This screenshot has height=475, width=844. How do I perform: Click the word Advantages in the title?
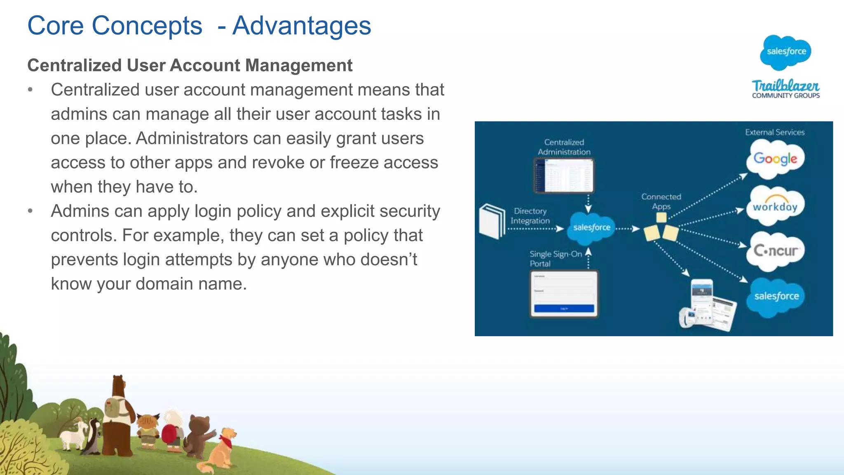pyautogui.click(x=302, y=26)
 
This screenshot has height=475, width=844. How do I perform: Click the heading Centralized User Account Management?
pyautogui.click(x=190, y=66)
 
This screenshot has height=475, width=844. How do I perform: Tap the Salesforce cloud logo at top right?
pyautogui.click(x=785, y=52)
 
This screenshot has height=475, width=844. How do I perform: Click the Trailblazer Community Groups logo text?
pyautogui.click(x=785, y=89)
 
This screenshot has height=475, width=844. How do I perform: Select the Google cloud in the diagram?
pyautogui.click(x=775, y=159)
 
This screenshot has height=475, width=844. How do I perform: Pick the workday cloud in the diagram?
pyautogui.click(x=775, y=206)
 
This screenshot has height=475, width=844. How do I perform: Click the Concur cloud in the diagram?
pyautogui.click(x=775, y=250)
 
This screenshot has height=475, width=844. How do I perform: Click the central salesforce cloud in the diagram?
pyautogui.click(x=591, y=227)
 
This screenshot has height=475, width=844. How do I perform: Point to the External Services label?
pyautogui.click(x=774, y=132)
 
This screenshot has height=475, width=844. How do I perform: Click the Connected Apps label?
pyautogui.click(x=661, y=201)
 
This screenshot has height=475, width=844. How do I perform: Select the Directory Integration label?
pyautogui.click(x=530, y=216)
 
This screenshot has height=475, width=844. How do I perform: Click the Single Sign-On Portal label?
pyautogui.click(x=555, y=259)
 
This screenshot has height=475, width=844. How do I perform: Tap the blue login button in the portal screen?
pyautogui.click(x=564, y=308)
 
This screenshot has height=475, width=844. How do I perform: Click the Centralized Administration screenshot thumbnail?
pyautogui.click(x=564, y=176)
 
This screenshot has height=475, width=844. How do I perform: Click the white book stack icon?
pyautogui.click(x=492, y=221)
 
